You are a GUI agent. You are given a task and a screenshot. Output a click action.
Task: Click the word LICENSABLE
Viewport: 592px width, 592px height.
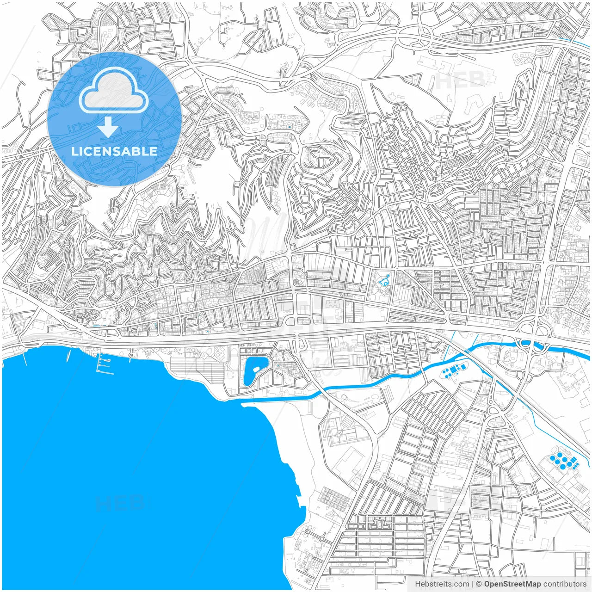point(114,151)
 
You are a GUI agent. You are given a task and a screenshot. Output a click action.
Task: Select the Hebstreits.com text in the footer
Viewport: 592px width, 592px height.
point(441,584)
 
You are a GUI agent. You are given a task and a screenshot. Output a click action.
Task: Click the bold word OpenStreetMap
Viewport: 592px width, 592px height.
point(512,584)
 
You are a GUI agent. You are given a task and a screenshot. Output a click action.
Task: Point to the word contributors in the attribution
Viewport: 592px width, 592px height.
point(565,584)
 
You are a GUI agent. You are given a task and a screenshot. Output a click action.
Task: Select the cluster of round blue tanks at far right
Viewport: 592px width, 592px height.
point(562,461)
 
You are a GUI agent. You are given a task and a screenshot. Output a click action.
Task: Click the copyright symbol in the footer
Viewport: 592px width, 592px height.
point(479,584)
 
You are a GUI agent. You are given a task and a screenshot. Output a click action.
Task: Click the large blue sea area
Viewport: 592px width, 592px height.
point(139,462)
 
